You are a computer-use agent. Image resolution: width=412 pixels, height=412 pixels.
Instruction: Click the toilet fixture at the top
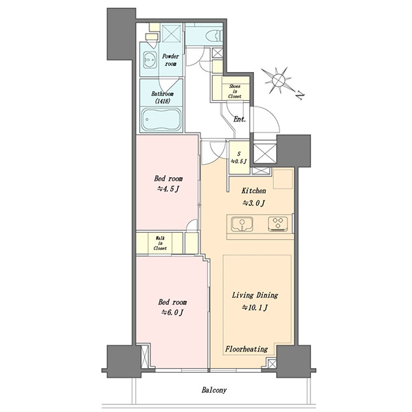[x=214, y=36]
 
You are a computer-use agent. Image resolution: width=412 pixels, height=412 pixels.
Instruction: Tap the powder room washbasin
[x=150, y=59]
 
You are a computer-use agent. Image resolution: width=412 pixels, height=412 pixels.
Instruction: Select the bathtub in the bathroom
[x=161, y=119]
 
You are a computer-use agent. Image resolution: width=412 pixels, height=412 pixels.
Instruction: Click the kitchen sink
[x=242, y=224]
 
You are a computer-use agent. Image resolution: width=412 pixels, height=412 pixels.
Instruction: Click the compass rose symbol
[x=278, y=80]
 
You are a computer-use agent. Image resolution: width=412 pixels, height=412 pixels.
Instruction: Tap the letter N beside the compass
[x=299, y=95]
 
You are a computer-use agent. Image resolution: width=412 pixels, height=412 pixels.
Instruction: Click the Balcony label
[x=214, y=390]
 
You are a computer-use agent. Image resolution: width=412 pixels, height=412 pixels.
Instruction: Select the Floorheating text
[x=247, y=349]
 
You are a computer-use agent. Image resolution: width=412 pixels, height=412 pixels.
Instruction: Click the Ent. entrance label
[x=240, y=119]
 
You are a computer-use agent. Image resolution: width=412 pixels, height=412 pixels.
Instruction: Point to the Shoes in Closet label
[x=235, y=91]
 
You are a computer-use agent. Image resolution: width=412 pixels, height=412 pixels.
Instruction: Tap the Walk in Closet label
[x=160, y=243]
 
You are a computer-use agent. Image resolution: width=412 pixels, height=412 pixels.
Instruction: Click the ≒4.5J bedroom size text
[x=168, y=189]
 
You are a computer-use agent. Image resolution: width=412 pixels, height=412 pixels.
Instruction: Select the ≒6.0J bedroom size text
[x=172, y=312]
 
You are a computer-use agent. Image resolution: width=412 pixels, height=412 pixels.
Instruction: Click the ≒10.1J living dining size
[x=254, y=308]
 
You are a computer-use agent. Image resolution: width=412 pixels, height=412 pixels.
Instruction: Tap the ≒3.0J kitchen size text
[x=253, y=203]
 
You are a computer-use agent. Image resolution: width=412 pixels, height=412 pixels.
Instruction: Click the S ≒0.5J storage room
[x=238, y=157]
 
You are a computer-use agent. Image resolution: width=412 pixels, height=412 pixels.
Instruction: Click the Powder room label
[x=170, y=60]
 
